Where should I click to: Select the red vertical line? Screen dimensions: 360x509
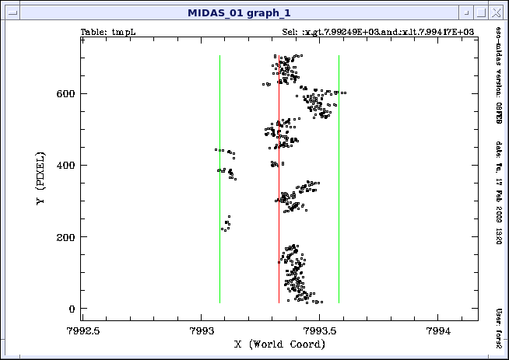pos(279,194)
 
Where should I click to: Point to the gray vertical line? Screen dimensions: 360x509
pos(339,194)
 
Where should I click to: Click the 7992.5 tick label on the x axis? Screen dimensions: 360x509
pos(82,330)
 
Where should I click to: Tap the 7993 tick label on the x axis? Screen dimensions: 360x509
pos(202,330)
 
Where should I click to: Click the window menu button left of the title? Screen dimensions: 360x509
pos(10,12)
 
